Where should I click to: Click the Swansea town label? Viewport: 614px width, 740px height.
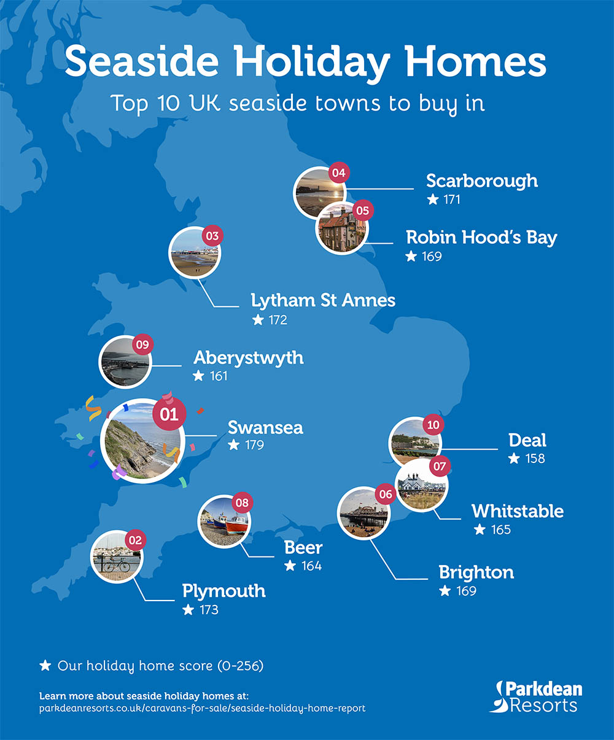265,427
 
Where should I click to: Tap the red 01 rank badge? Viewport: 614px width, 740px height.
169,414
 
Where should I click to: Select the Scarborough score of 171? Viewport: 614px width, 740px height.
451,200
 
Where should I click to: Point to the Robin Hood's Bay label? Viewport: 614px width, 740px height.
481,238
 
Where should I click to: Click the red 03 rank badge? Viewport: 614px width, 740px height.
212,236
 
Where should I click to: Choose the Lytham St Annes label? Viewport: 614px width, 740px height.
323,301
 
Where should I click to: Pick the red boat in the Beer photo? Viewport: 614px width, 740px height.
236,524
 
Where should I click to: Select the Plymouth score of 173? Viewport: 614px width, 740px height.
209,610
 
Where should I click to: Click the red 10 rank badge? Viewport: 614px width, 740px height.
433,425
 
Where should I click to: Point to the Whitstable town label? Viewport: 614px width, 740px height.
518,511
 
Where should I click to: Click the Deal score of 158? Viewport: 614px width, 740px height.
534,459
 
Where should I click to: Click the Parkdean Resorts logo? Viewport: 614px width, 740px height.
536,697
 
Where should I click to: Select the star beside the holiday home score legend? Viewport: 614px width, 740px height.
45,666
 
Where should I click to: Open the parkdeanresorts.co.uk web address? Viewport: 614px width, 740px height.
202,709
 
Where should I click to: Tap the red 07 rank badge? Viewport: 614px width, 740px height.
440,466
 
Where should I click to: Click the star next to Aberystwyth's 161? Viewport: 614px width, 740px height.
198,376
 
